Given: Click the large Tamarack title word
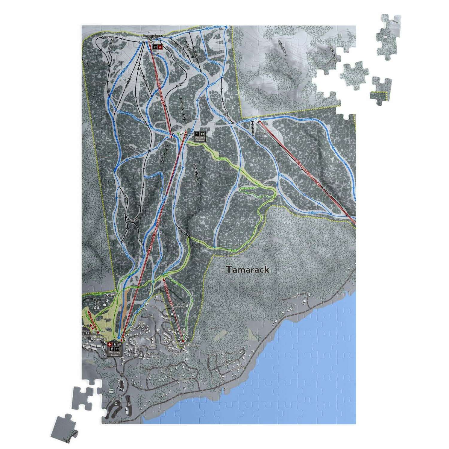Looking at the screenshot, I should tap(248, 270).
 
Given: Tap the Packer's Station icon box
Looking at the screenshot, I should tap(200, 136).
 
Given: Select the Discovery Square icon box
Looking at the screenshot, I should tap(114, 349).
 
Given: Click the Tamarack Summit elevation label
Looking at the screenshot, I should tap(153, 37).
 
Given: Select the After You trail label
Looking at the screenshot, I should tap(108, 37).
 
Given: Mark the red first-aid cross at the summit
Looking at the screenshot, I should tap(160, 47).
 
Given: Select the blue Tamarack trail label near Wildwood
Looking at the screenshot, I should tap(307, 119).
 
